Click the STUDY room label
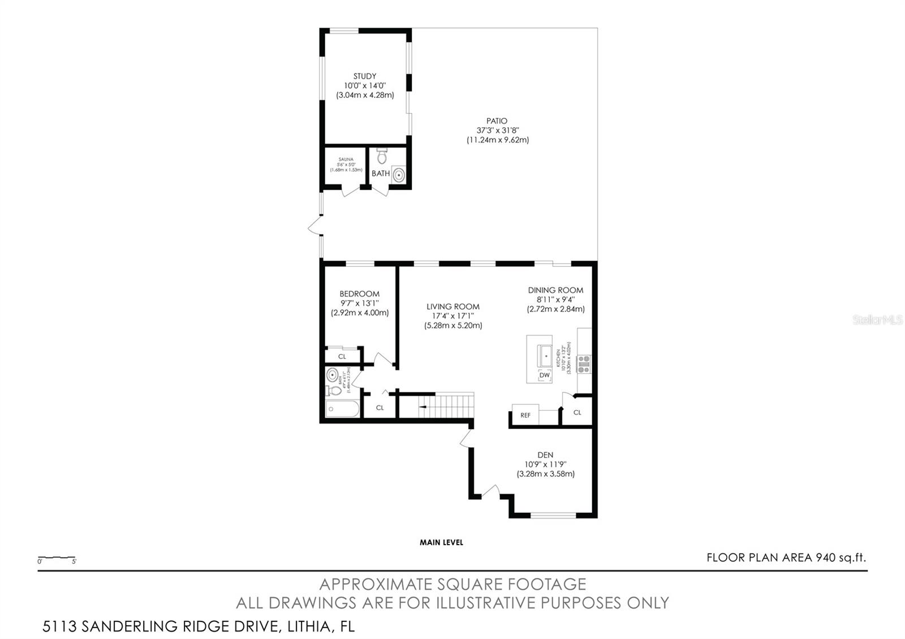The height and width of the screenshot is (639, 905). click(365, 76)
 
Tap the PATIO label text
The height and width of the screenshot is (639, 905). click(497, 121)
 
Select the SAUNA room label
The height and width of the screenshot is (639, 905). click(346, 160)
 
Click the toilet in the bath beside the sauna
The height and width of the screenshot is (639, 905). click(381, 155)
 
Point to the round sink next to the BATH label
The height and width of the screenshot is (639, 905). click(399, 175)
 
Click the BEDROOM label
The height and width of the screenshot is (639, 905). click(359, 294)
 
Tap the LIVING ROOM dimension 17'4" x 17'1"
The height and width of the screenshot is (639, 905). click(453, 316)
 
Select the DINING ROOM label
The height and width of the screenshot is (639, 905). click(555, 290)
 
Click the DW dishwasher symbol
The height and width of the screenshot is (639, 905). click(544, 375)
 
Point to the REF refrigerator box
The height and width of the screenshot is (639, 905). click(525, 415)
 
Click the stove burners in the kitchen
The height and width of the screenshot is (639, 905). click(584, 364)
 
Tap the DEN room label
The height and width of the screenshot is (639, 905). click(545, 455)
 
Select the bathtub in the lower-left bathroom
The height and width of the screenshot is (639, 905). click(342, 409)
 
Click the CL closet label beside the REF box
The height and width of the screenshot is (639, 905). click(577, 412)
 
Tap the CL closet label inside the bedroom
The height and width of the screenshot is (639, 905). click(342, 356)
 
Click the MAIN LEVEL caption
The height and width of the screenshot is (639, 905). click(441, 542)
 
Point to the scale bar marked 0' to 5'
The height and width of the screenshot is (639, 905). click(57, 559)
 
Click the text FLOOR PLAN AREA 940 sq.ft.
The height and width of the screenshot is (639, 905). click(786, 558)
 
